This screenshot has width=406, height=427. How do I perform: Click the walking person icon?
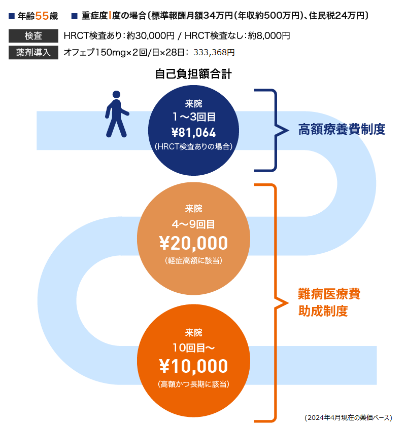(x=116, y=114)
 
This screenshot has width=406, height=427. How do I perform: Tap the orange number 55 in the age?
(x=42, y=16)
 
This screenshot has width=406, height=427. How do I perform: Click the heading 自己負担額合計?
(x=193, y=75)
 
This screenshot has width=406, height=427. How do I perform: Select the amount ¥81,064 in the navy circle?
(x=193, y=133)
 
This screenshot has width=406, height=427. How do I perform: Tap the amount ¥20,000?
(x=193, y=244)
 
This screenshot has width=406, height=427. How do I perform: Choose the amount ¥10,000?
(x=193, y=366)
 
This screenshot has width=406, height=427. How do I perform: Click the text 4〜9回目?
(x=193, y=223)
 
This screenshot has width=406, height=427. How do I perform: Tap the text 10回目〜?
(x=193, y=347)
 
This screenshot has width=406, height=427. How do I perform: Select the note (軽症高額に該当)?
(x=193, y=261)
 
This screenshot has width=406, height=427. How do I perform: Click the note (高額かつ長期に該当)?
(x=193, y=384)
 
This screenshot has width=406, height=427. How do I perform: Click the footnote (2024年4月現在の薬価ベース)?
(x=348, y=418)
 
